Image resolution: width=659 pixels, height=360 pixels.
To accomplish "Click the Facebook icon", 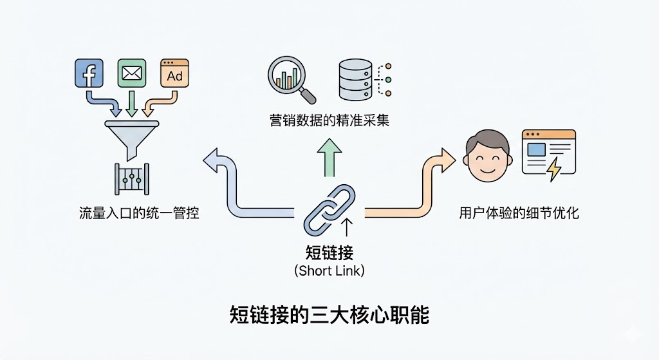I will [89, 73].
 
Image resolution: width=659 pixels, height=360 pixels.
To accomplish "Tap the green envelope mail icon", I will [131, 73].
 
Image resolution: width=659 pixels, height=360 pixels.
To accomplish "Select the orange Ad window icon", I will [174, 73].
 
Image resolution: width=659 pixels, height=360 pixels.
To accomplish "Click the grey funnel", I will [131, 135].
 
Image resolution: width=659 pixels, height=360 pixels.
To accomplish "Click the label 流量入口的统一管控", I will [139, 213].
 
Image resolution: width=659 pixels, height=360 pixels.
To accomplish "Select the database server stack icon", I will [355, 80].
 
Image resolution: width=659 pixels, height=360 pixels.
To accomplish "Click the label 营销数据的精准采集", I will [329, 120].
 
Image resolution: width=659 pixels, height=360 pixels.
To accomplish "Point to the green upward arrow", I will [329, 158].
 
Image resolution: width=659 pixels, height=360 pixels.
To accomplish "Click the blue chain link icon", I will [328, 207].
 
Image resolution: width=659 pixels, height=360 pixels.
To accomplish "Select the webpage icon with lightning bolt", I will [549, 153].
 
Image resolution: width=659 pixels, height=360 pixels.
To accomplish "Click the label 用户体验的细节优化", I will [519, 213].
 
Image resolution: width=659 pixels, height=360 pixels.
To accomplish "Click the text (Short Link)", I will [329, 270].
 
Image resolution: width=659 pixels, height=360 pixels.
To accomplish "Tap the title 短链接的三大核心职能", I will [329, 315].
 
